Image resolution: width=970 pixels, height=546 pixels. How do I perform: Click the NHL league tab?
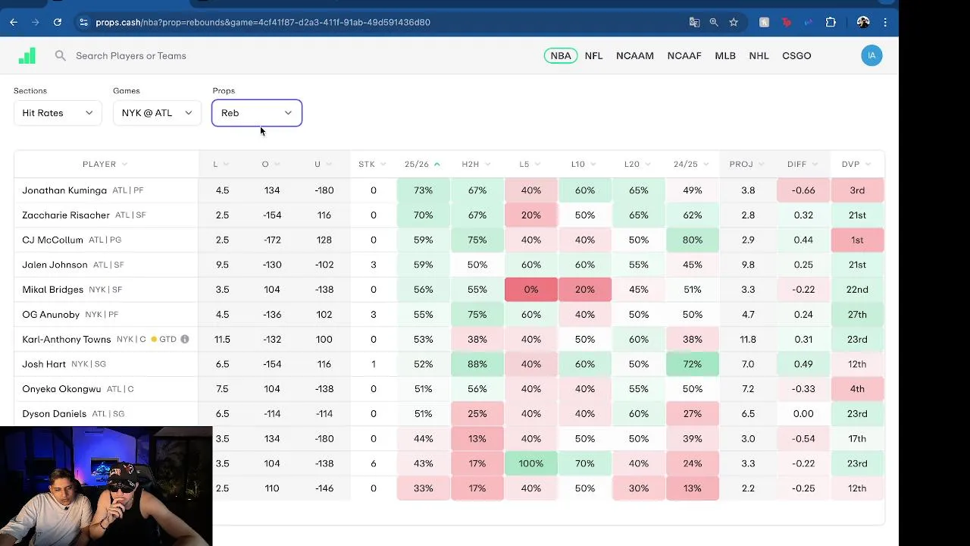click(759, 55)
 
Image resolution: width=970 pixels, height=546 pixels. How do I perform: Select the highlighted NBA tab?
click(561, 55)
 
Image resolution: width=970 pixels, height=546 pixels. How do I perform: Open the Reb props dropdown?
click(257, 113)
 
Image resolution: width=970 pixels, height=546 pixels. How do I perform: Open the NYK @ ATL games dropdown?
click(157, 113)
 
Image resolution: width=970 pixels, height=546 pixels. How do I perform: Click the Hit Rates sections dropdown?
click(58, 113)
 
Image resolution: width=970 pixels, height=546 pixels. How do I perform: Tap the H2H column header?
click(471, 164)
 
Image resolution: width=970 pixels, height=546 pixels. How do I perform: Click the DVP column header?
click(850, 164)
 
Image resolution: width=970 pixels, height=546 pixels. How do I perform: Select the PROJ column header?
click(741, 164)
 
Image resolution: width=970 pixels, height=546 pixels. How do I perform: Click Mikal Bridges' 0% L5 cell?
click(531, 290)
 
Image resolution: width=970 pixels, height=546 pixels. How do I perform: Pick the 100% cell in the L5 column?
click(531, 463)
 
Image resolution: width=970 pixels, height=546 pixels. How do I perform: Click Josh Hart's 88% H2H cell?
click(477, 364)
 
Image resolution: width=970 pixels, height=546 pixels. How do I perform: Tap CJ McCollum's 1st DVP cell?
click(857, 240)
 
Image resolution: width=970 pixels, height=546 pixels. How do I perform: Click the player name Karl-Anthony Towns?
click(67, 339)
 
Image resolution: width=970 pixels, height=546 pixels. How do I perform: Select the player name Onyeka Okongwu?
click(61, 389)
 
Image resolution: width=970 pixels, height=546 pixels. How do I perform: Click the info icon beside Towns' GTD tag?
click(185, 339)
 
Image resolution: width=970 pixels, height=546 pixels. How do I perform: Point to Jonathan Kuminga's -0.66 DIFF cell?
click(803, 190)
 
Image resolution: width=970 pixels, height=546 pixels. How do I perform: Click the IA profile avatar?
click(871, 55)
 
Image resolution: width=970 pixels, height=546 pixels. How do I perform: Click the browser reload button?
click(58, 22)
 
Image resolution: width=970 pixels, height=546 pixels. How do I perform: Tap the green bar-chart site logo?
click(27, 55)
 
